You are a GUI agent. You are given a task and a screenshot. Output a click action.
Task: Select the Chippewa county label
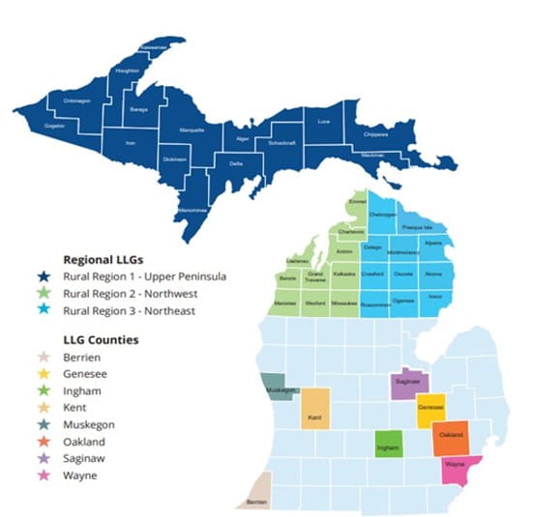tap(376, 134)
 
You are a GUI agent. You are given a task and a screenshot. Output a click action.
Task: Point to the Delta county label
tap(236, 163)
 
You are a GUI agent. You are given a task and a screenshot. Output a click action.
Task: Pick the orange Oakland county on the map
tap(450, 436)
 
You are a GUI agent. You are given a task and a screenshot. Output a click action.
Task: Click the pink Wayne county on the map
tap(456, 467)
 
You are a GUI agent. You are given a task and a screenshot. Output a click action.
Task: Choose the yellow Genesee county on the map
tap(430, 409)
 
